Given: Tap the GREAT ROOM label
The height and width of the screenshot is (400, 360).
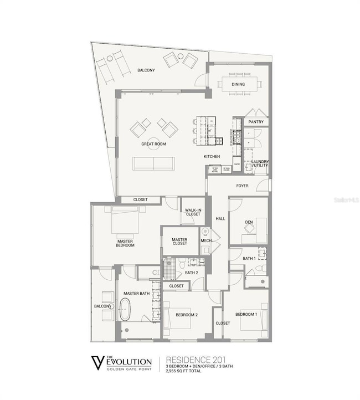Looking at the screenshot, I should pos(153,144).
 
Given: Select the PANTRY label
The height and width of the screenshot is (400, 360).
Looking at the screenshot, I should pos(256,121).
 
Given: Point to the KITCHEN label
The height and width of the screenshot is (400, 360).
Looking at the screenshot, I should pos(212,157).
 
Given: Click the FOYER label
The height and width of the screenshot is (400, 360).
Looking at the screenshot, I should pos(243,186).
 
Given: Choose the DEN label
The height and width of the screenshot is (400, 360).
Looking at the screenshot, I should pos(249,222).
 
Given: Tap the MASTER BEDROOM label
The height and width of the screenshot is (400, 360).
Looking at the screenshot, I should pos(125,243).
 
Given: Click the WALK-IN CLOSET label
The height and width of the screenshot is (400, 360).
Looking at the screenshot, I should pos(193,212).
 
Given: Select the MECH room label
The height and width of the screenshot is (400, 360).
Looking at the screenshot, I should pos(205,240).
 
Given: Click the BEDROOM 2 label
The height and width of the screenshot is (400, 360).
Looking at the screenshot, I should pos(187,315).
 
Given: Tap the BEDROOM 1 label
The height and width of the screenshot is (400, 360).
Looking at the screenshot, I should pos(246,315).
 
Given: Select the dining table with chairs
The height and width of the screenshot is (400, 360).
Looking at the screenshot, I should pos(240,85).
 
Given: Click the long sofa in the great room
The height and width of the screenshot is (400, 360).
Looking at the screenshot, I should pos(153,163).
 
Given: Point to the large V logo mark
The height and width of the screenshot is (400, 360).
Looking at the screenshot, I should pos(97,363).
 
